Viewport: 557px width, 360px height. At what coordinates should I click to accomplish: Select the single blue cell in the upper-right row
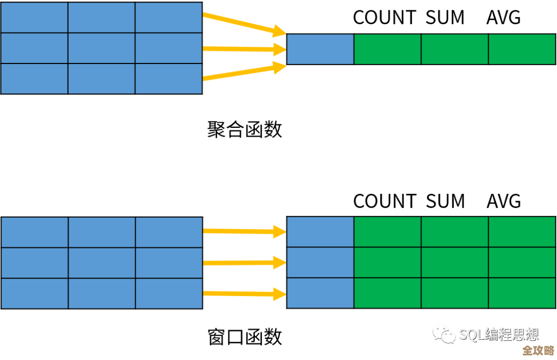click(320, 49)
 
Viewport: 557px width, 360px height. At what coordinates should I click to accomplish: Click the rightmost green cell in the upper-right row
click(521, 49)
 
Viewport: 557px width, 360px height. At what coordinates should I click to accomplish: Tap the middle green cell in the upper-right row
click(454, 49)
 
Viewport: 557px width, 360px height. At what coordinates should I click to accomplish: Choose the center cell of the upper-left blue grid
click(102, 48)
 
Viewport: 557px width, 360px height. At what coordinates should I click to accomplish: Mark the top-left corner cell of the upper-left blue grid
click(35, 18)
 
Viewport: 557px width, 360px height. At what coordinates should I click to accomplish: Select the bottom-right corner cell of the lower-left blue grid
click(169, 293)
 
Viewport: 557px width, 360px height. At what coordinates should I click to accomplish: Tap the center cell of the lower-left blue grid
click(102, 263)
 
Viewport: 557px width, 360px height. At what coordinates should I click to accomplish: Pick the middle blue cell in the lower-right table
click(320, 263)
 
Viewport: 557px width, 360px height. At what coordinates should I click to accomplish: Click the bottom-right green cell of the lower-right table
click(521, 293)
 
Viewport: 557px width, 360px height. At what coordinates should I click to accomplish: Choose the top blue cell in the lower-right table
click(320, 232)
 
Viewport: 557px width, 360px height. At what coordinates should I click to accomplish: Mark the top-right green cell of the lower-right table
click(521, 232)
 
